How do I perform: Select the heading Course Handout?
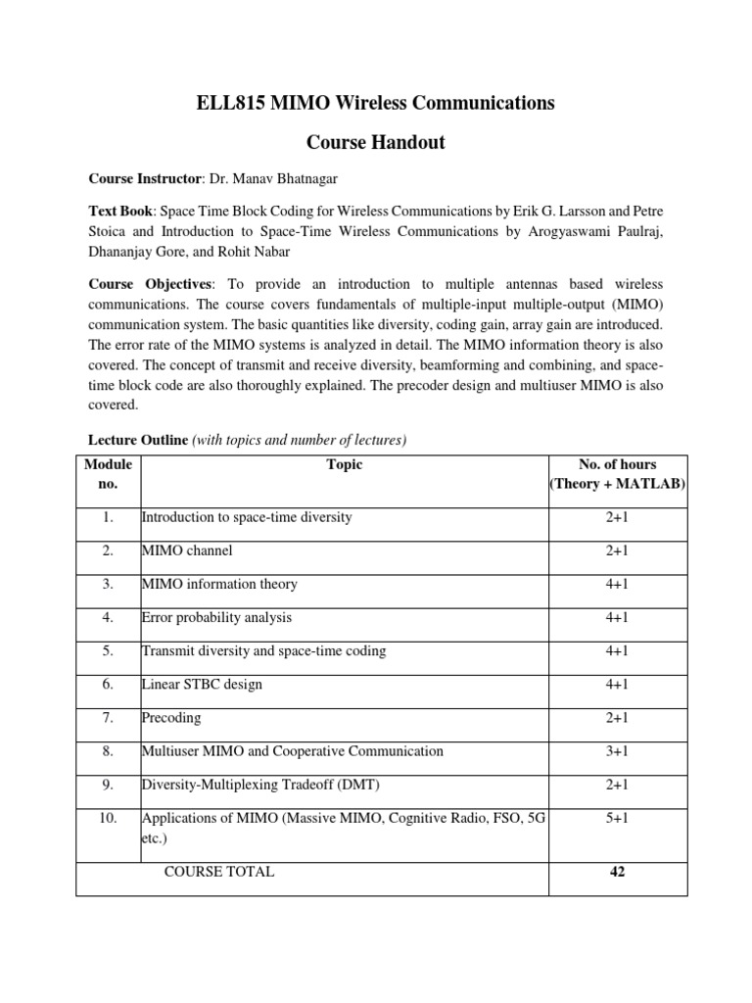(376, 142)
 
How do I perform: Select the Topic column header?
(344, 465)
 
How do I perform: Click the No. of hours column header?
(617, 465)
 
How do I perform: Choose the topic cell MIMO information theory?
(219, 584)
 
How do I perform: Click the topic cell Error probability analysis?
(216, 617)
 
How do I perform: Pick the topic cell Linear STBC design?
(202, 684)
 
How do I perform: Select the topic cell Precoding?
(171, 717)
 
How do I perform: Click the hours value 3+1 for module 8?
(617, 751)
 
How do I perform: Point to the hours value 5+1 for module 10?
(617, 818)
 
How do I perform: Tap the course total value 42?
(617, 871)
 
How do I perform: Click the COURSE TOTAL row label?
(219, 871)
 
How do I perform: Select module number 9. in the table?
(108, 785)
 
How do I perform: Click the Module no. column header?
(108, 474)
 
